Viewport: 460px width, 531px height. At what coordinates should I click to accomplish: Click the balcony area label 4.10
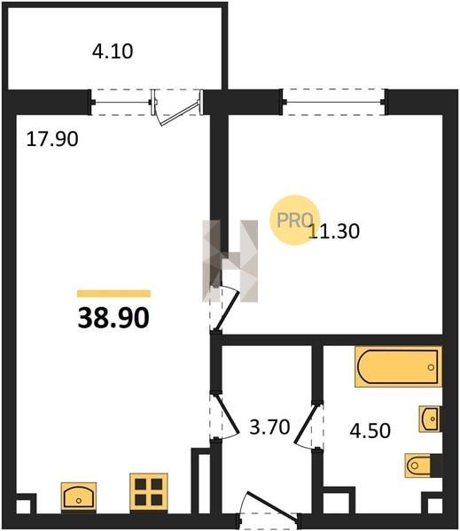pyautogui.click(x=113, y=52)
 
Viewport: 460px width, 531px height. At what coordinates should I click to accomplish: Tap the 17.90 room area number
pyautogui.click(x=52, y=139)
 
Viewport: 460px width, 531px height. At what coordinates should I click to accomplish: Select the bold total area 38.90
pyautogui.click(x=113, y=319)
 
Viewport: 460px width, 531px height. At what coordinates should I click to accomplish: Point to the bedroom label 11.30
pyautogui.click(x=334, y=232)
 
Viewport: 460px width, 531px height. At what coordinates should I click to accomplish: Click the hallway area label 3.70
pyautogui.click(x=269, y=427)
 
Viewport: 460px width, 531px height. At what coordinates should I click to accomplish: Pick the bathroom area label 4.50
pyautogui.click(x=370, y=431)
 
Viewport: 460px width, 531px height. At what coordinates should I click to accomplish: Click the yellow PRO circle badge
pyautogui.click(x=294, y=220)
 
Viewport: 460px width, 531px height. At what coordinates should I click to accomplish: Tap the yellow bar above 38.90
pyautogui.click(x=113, y=294)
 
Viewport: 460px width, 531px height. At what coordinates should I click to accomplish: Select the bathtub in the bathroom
pyautogui.click(x=398, y=366)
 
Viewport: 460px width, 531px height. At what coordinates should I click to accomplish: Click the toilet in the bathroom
pyautogui.click(x=419, y=466)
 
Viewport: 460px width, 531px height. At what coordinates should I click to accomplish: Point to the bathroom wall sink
pyautogui.click(x=430, y=419)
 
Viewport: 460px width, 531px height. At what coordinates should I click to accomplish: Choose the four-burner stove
pyautogui.click(x=149, y=492)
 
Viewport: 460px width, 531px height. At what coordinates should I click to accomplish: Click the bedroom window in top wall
pyautogui.click(x=334, y=102)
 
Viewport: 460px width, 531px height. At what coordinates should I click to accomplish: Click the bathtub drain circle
pyautogui.click(x=431, y=367)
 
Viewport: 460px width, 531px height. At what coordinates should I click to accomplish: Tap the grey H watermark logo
pyautogui.click(x=230, y=261)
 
